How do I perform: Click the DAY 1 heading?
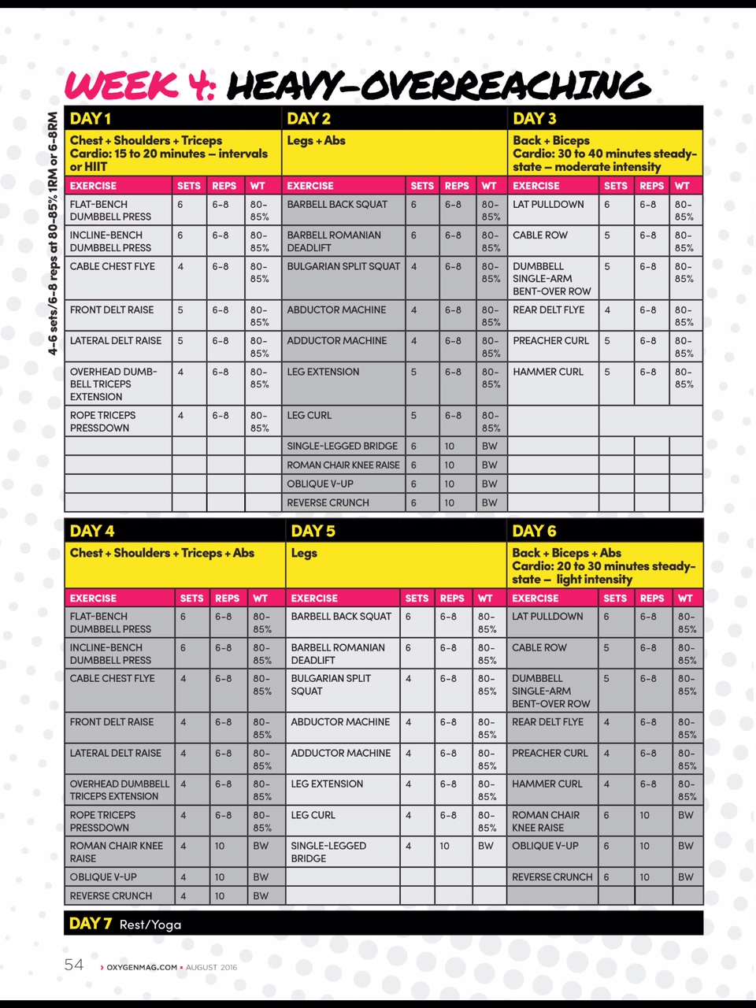coord(91,119)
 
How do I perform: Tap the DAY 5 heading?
coord(313,531)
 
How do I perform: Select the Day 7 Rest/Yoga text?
coord(125,923)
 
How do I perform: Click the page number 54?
coord(74,965)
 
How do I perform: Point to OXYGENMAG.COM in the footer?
coord(142,967)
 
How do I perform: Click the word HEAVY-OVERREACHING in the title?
coord(439,86)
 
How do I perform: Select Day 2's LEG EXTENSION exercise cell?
coord(323,372)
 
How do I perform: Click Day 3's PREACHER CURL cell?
coord(550,341)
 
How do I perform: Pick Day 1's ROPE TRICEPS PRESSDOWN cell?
coord(102,421)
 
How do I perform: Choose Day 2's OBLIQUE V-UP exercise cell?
coord(320,484)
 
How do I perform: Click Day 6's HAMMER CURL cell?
coord(547,784)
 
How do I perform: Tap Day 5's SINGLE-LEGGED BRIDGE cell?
coord(328,851)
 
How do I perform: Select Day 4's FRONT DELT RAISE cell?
coord(111,722)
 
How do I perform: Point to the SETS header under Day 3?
coord(615,186)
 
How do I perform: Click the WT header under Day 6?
coord(685,598)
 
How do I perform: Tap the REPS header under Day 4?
coord(227,598)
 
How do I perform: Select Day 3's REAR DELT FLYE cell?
coord(548,310)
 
